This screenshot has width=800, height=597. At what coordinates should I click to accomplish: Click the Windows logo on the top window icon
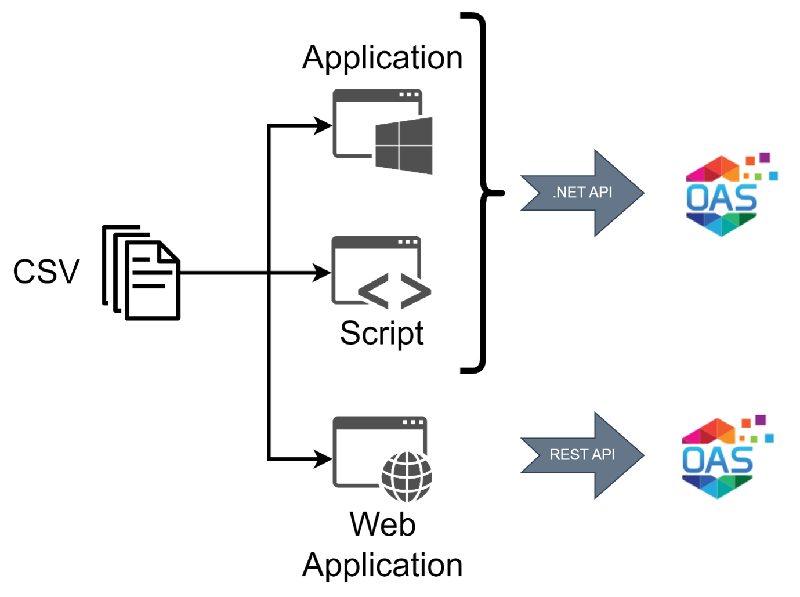404,146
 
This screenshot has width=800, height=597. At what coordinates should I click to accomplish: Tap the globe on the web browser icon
407,476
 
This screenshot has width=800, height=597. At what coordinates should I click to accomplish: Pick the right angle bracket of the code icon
415,291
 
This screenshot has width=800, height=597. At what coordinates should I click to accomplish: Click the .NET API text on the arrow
582,192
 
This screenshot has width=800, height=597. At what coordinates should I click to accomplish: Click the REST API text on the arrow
582,454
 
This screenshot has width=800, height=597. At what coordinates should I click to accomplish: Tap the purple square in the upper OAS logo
765,157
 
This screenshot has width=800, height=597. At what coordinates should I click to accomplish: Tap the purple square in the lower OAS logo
761,419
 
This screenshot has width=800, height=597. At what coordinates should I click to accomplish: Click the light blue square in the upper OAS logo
773,175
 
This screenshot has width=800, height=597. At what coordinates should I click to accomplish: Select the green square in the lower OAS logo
754,439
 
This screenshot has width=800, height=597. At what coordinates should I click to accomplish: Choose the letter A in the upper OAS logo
722,198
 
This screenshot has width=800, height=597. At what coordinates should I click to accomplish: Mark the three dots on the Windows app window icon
409,95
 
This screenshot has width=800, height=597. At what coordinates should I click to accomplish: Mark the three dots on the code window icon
407,241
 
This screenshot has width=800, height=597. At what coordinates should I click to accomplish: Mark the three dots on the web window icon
413,422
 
